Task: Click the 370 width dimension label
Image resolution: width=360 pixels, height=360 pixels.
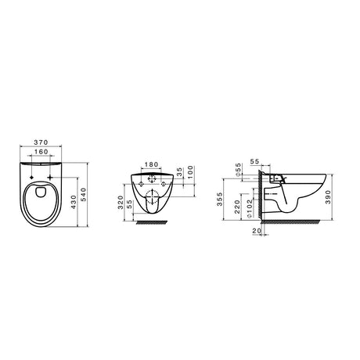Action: click(x=41, y=142)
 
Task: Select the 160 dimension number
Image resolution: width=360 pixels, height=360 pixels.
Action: click(x=41, y=152)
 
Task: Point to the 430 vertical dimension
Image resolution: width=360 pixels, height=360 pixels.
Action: click(x=74, y=202)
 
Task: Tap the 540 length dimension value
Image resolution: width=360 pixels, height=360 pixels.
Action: click(x=83, y=195)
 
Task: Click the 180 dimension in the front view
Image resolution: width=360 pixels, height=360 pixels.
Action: click(x=151, y=164)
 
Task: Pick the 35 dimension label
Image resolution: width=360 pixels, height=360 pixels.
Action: click(x=180, y=172)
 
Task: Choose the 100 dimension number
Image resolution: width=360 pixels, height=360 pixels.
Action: click(x=191, y=172)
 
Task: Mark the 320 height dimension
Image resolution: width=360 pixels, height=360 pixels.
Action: click(x=121, y=202)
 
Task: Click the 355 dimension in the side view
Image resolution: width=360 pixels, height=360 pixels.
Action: click(x=220, y=199)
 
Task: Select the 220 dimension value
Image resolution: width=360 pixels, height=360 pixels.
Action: click(x=237, y=207)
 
